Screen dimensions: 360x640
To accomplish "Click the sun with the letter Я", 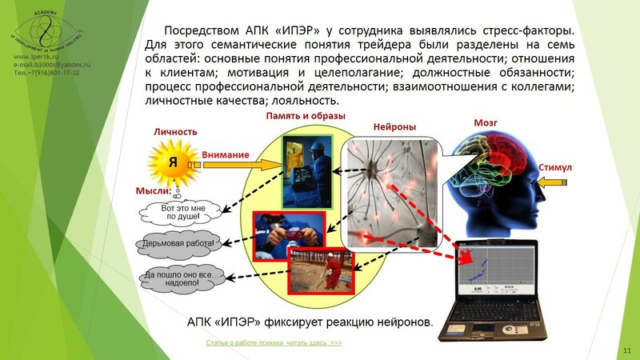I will click(x=170, y=161).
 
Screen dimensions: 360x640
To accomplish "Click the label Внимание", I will click(x=226, y=154).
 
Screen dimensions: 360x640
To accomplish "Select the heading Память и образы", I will click(x=306, y=117).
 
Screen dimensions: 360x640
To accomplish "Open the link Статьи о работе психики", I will click(x=274, y=342).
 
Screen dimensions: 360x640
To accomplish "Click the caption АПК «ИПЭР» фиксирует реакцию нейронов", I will click(x=309, y=322).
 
